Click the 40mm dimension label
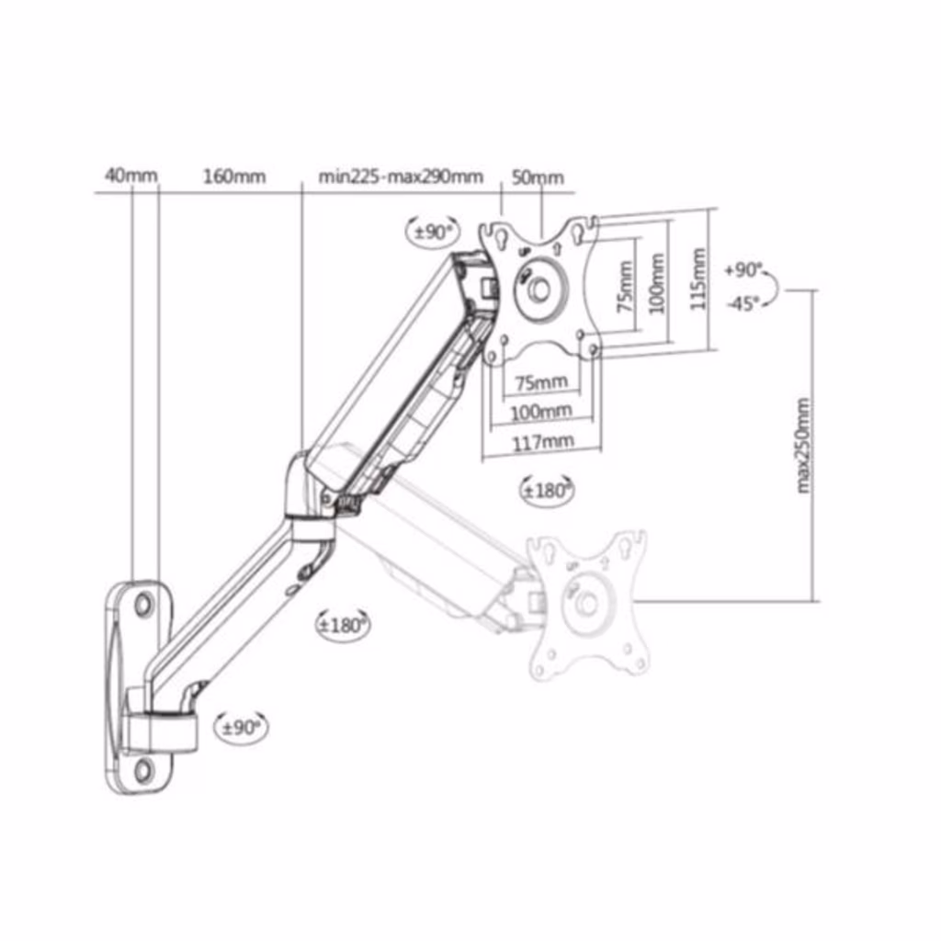[x=130, y=176]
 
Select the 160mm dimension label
[x=234, y=176]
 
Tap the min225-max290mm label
[x=401, y=176]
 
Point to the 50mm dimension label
[x=538, y=177]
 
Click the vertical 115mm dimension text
[x=697, y=279]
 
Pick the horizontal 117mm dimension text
[x=542, y=443]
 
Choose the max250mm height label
[x=803, y=446]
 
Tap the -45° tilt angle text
[x=743, y=303]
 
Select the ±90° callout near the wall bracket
[x=242, y=728]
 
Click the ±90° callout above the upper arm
[x=434, y=232]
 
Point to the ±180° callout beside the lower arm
[x=343, y=625]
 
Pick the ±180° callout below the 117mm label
[x=546, y=491]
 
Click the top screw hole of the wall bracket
[x=143, y=604]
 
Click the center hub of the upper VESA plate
[x=539, y=290]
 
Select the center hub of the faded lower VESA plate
[x=586, y=603]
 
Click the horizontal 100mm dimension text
[x=541, y=413]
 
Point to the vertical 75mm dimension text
[x=625, y=286]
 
